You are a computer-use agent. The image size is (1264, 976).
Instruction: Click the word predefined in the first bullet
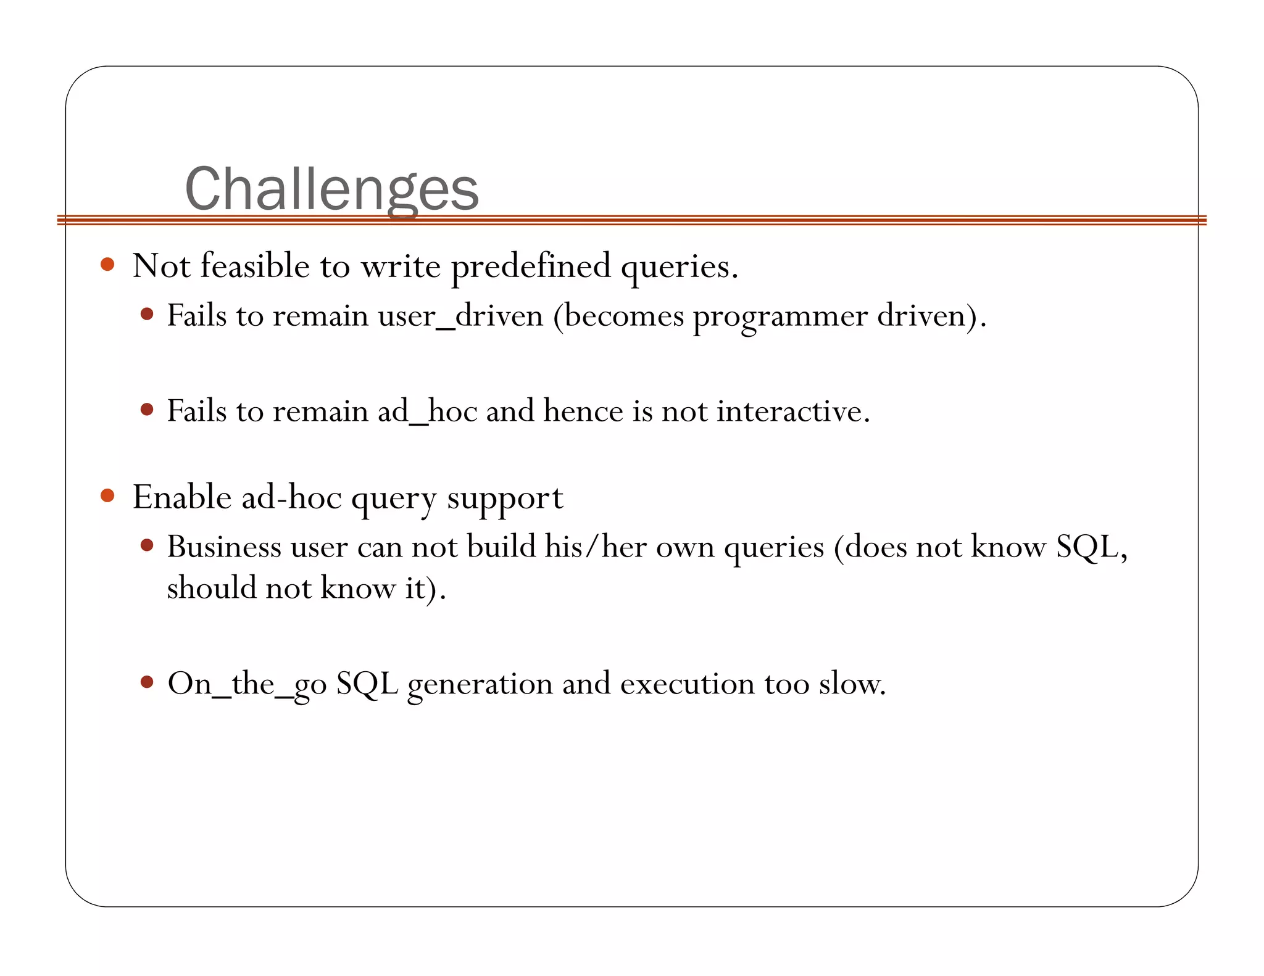pyautogui.click(x=531, y=267)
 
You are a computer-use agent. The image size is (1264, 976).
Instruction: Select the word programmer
pyautogui.click(x=780, y=316)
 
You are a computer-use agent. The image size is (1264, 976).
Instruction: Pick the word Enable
pyautogui.click(x=182, y=497)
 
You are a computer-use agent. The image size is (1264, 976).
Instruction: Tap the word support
pyautogui.click(x=505, y=498)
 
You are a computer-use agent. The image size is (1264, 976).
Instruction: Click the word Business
pyautogui.click(x=224, y=547)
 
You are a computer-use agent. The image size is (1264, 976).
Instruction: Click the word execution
pyautogui.click(x=687, y=684)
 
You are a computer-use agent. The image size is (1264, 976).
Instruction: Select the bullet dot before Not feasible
pyautogui.click(x=107, y=265)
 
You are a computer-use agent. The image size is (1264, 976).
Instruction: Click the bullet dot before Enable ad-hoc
pyautogui.click(x=107, y=495)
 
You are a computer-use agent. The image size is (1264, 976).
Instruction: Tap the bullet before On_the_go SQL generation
pyautogui.click(x=147, y=682)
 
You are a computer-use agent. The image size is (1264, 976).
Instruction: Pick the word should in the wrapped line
pyautogui.click(x=211, y=587)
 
